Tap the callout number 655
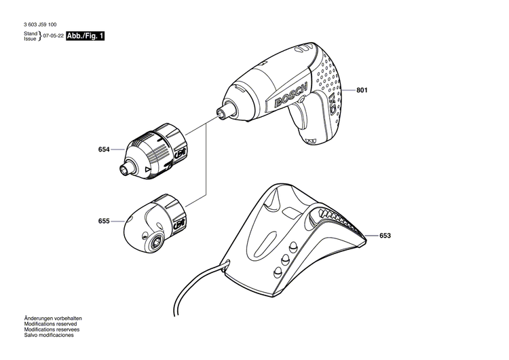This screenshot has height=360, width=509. click(x=104, y=221)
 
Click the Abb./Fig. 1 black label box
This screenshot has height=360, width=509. click(x=86, y=36)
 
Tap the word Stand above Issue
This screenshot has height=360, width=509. click(x=31, y=33)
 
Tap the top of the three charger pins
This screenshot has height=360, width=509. click(x=294, y=247)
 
